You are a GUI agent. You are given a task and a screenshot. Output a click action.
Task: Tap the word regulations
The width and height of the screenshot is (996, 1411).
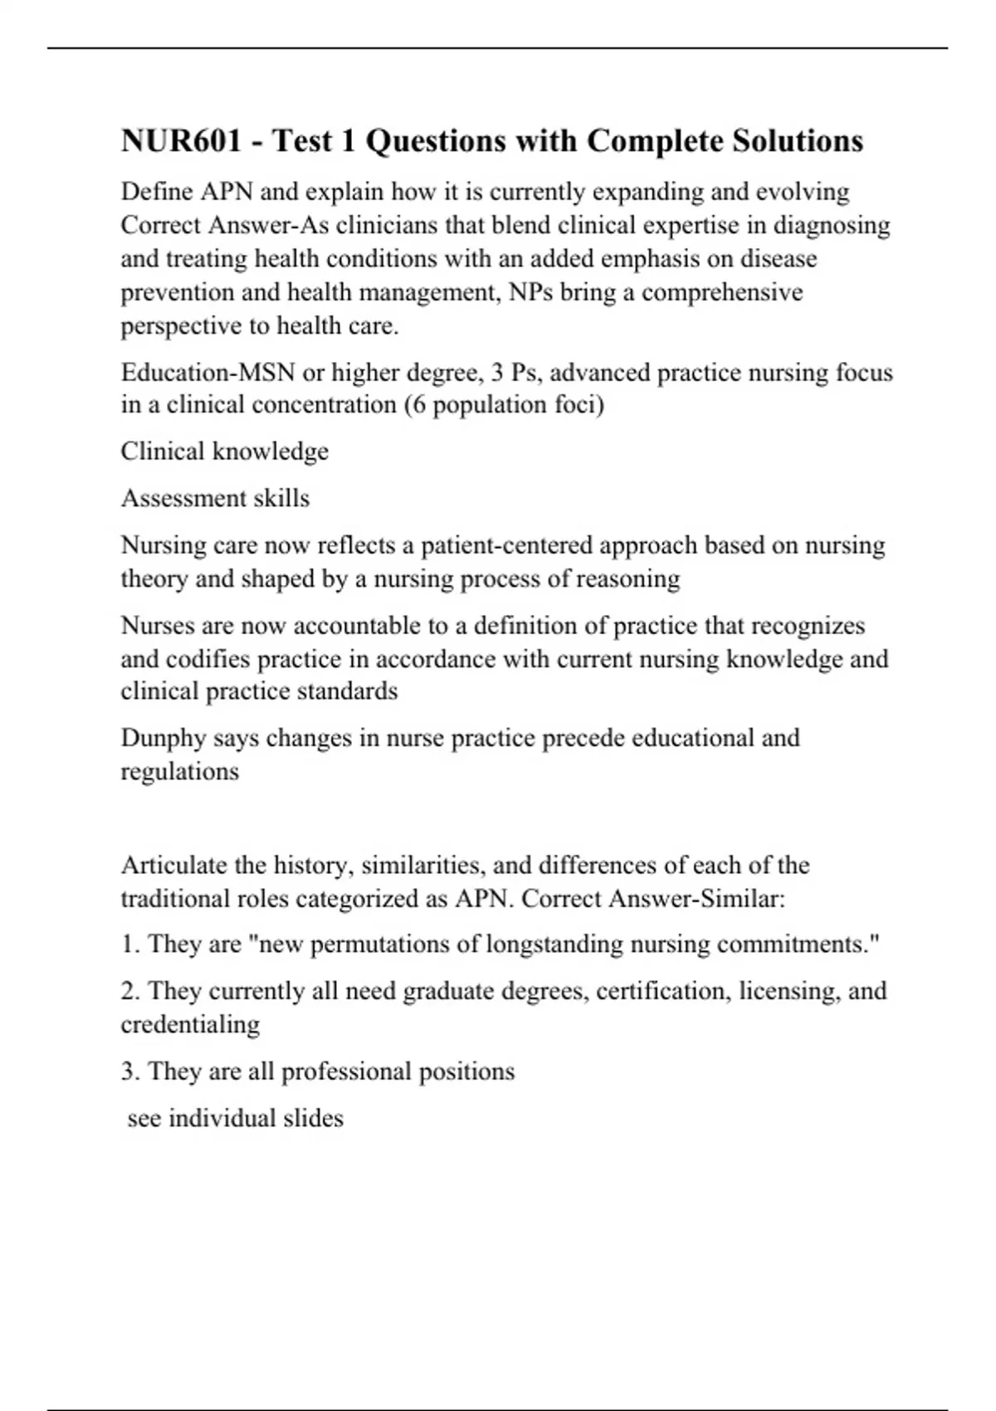click(x=179, y=771)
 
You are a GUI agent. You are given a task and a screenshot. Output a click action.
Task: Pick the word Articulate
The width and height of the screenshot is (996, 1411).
click(x=173, y=865)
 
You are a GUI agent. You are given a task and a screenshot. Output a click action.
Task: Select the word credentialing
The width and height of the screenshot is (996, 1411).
click(x=190, y=1024)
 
